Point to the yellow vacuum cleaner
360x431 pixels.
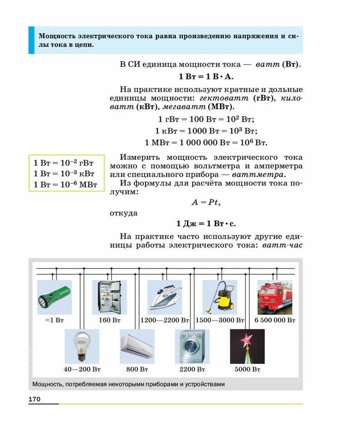(x=220, y=297)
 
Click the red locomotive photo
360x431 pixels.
(x=275, y=297)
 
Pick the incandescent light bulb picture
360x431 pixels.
(x=82, y=346)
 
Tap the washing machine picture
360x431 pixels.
(x=193, y=346)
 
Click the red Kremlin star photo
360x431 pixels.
(x=248, y=346)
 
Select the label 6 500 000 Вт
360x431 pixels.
(x=275, y=320)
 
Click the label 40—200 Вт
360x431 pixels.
(x=82, y=369)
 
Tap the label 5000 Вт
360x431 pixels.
(x=248, y=369)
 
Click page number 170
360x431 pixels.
(x=35, y=399)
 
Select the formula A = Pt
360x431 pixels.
(x=206, y=203)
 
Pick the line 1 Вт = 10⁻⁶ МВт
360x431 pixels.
(x=66, y=185)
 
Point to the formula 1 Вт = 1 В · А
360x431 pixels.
(x=206, y=76)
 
